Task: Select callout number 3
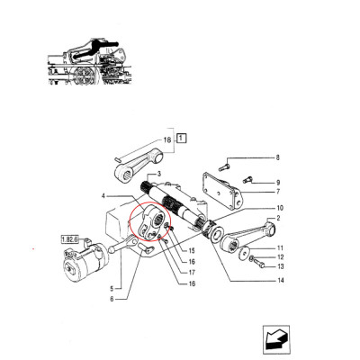pyautogui.click(x=158, y=175)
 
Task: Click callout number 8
pyautogui.click(x=277, y=157)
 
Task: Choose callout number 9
pyautogui.click(x=277, y=181)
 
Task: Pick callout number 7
pyautogui.click(x=277, y=192)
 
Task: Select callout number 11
pyautogui.click(x=280, y=247)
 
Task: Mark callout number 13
pyautogui.click(x=280, y=267)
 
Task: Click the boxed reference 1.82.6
pyautogui.click(x=70, y=238)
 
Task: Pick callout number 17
pyautogui.click(x=192, y=273)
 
